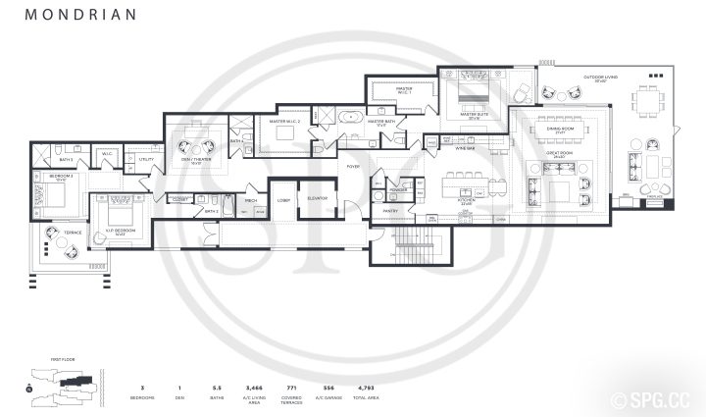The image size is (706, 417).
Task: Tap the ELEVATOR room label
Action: pyautogui.click(x=318, y=199)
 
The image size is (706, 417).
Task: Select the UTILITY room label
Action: pyautogui.click(x=146, y=159)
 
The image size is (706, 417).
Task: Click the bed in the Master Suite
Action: pyautogui.click(x=458, y=96)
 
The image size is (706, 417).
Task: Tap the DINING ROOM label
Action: pyautogui.click(x=560, y=128)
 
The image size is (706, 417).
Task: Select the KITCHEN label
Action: pyautogui.click(x=467, y=200)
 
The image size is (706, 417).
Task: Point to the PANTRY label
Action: pyautogui.click(x=389, y=210)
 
